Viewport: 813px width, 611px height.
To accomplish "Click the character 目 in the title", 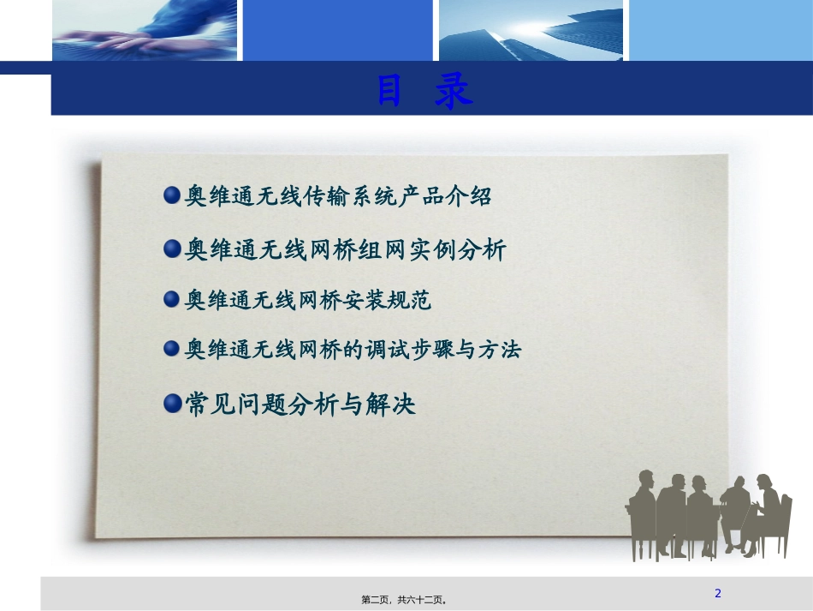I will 390,93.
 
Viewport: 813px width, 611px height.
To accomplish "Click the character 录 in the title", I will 454,93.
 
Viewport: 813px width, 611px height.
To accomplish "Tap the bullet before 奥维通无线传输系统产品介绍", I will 172,195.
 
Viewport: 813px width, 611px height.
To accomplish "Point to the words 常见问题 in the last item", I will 231,404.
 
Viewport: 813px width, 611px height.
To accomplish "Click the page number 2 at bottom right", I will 718,593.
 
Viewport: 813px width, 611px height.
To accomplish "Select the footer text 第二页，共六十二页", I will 406,600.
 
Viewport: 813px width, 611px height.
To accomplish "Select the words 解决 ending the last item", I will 393,404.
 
